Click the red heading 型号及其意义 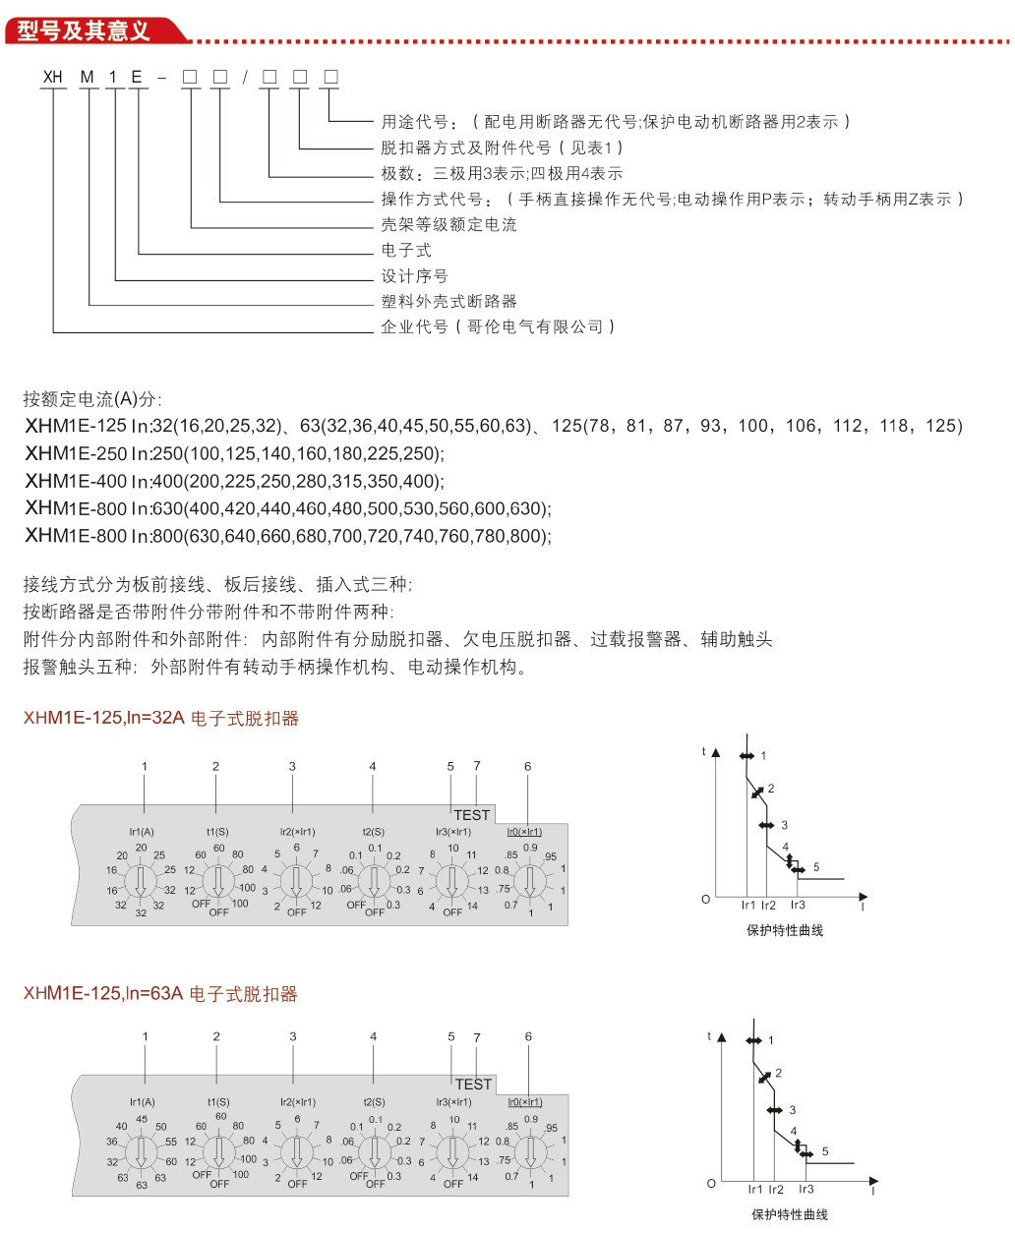coord(85,30)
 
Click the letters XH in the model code coord(52,77)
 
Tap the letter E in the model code coord(138,77)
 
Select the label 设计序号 coord(414,276)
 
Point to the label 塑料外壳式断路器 coord(448,302)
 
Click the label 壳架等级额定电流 coord(448,225)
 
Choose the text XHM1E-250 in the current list coord(76,453)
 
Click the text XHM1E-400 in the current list coord(76,481)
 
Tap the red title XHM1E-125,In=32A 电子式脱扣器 coord(161,719)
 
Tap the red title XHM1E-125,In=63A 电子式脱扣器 coord(160,994)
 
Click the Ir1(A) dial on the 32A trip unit coord(141,880)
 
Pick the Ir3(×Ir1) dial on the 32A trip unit coord(451,880)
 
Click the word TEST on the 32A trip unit coord(472,815)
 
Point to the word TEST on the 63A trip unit coord(473,1085)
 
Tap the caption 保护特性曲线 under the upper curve coord(785,930)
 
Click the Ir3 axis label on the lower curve coord(806,1189)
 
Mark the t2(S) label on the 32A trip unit coord(374,832)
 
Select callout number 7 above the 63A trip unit coord(477,1037)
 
